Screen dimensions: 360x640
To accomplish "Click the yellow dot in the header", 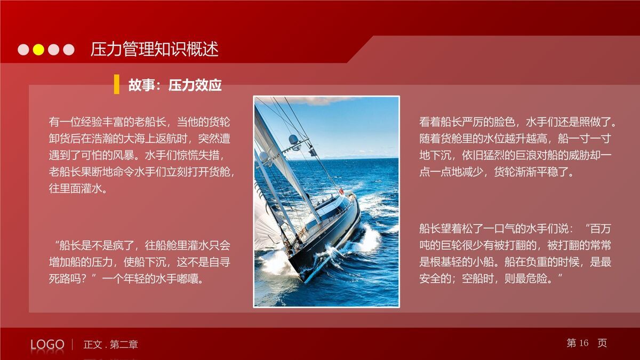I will click(x=38, y=50).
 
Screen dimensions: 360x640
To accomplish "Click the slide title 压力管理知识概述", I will click(x=155, y=50).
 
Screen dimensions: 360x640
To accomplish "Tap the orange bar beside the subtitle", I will click(x=116, y=85).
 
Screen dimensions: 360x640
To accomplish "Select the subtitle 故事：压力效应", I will click(x=175, y=85).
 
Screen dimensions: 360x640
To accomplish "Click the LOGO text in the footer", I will click(x=47, y=345).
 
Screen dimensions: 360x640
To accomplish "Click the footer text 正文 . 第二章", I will click(x=110, y=345).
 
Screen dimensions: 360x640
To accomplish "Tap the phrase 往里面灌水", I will click(x=78, y=189).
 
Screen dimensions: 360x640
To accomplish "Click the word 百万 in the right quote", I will click(x=599, y=229).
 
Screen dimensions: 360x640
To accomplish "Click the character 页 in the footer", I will click(x=602, y=343).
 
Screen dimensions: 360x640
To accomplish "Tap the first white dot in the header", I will click(x=23, y=50).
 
